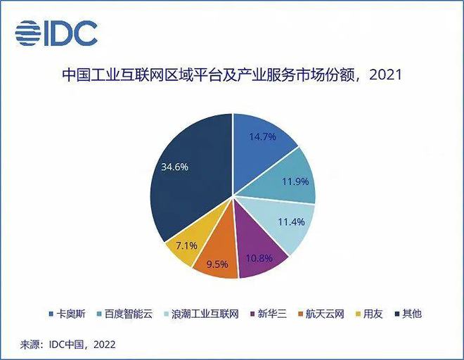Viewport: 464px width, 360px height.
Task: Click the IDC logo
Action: tap(56, 32)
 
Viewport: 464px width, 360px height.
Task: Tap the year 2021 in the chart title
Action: tap(385, 74)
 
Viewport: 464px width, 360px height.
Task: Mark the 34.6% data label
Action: tap(174, 168)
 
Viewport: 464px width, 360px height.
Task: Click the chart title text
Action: tap(232, 74)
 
